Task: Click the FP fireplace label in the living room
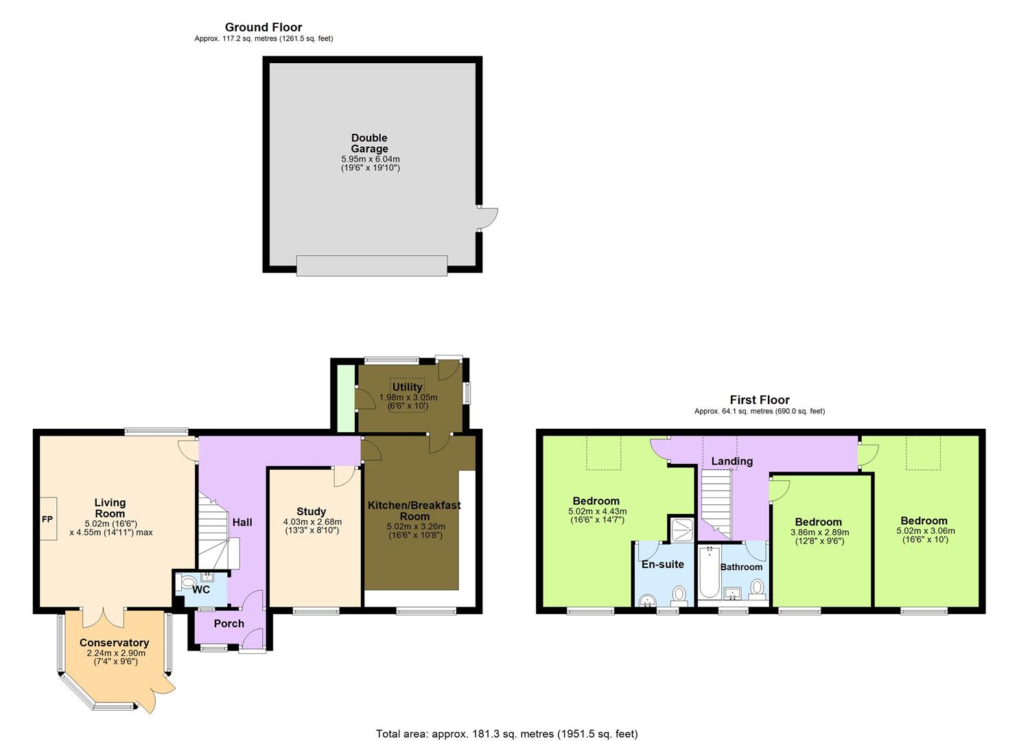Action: (x=48, y=519)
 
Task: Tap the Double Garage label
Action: (x=369, y=143)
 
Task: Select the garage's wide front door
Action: (x=371, y=266)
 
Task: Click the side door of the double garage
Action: (x=488, y=220)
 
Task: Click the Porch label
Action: (x=229, y=624)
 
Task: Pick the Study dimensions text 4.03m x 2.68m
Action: (x=312, y=521)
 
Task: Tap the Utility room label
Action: (x=407, y=387)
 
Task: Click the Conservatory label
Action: (x=114, y=643)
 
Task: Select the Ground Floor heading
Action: (x=263, y=27)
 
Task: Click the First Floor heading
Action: (x=759, y=400)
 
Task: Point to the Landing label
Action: (x=731, y=461)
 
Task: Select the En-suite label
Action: (x=662, y=565)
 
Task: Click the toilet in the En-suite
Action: (x=679, y=594)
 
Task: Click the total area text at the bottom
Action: (x=506, y=733)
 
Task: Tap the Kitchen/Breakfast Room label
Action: (x=414, y=510)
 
